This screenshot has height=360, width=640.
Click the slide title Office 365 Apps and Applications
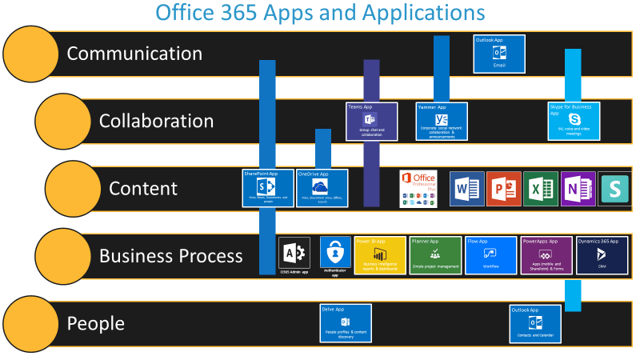[x=319, y=14]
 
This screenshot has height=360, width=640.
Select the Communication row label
[x=134, y=54]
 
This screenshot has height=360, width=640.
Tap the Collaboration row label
[x=156, y=121]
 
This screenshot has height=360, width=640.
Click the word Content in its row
[x=143, y=188]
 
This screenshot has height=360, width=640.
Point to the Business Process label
[x=170, y=256]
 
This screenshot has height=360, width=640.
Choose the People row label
[x=96, y=323]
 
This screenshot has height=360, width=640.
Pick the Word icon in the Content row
[x=466, y=189]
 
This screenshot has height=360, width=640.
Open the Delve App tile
[x=346, y=323]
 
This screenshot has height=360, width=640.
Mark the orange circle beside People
[x=30, y=324]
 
